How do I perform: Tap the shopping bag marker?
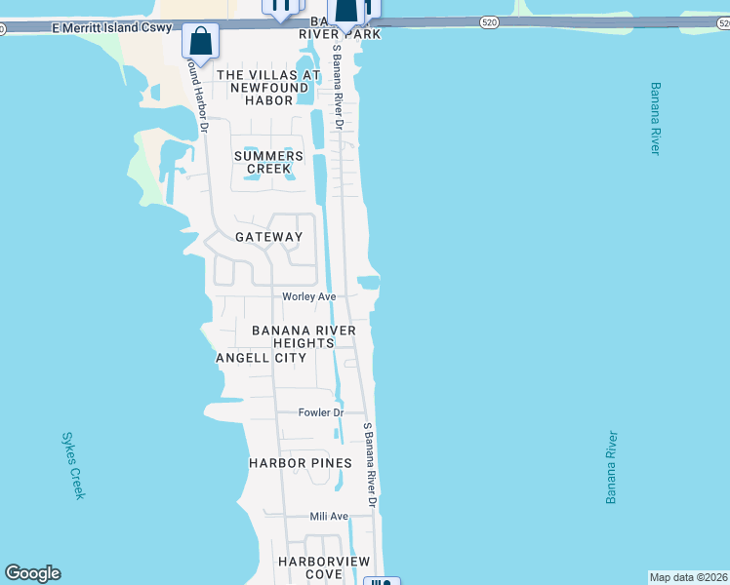(x=200, y=42)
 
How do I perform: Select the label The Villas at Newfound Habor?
(x=268, y=88)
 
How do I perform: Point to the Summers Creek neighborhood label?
(x=268, y=162)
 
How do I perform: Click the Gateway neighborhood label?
(x=269, y=237)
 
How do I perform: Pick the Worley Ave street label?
(x=308, y=296)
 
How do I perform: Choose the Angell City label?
(x=261, y=358)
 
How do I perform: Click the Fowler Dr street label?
(x=321, y=412)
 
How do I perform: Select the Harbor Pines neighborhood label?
(x=292, y=462)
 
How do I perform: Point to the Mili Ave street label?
(x=329, y=516)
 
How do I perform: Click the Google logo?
(x=32, y=573)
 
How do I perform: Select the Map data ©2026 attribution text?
(x=689, y=577)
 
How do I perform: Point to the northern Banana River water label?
(x=654, y=117)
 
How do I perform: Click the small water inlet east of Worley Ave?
(x=369, y=283)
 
